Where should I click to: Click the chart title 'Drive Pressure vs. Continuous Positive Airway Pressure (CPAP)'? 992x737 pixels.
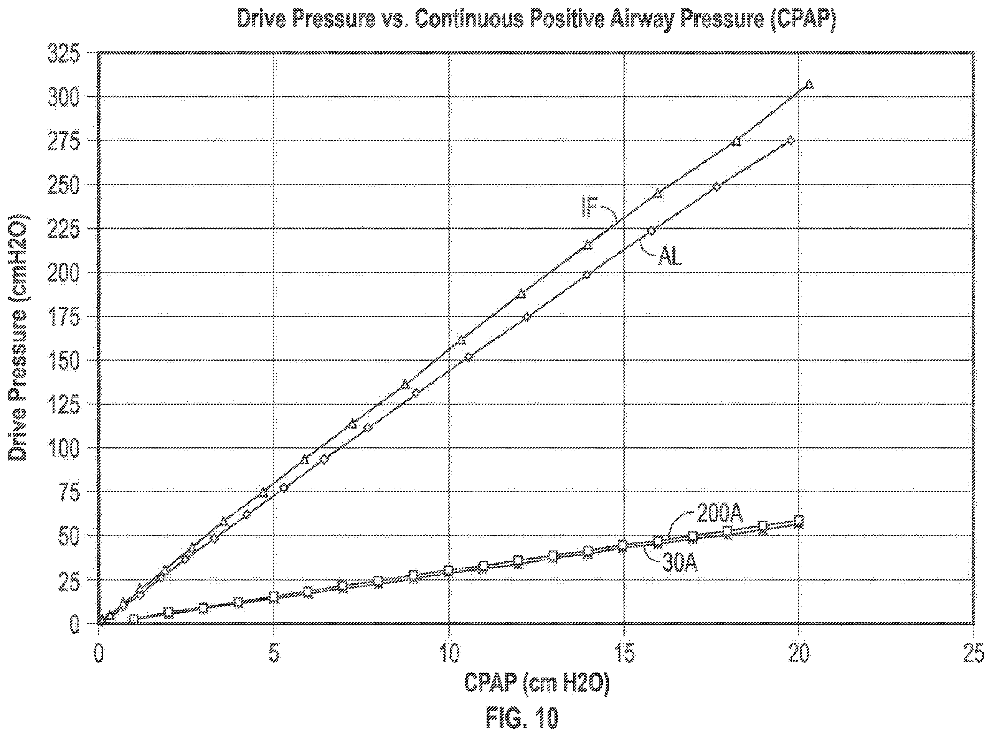535,20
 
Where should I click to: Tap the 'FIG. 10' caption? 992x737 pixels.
522,718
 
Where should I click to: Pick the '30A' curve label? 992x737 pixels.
680,564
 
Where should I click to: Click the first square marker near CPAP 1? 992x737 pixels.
133,619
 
